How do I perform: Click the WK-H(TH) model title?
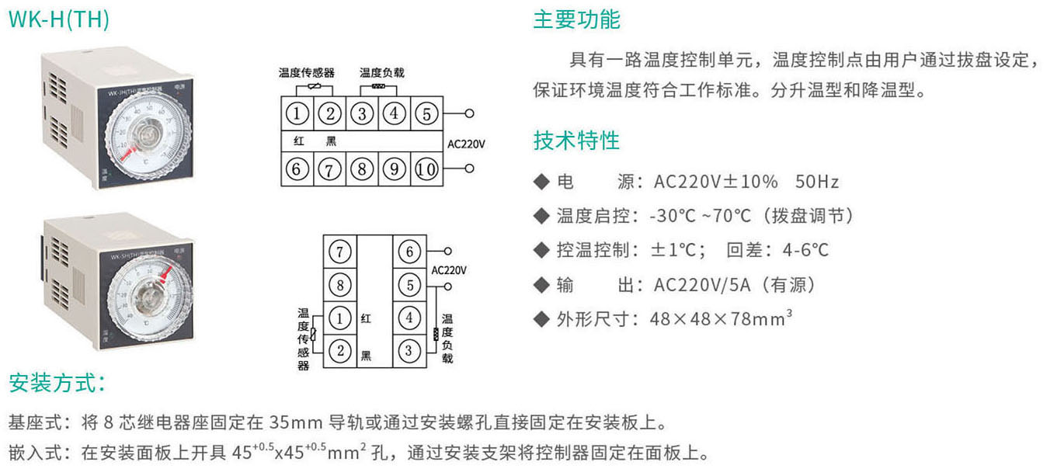(x=58, y=20)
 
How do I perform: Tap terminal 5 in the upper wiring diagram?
(x=426, y=113)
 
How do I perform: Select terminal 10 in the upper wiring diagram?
(x=426, y=168)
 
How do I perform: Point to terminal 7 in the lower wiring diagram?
(x=340, y=251)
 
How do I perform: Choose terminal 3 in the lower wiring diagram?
(x=409, y=350)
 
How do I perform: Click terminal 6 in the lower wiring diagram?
(x=409, y=251)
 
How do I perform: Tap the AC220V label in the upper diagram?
(x=467, y=143)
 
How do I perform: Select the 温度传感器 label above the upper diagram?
(x=307, y=73)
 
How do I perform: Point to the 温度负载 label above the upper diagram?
(x=382, y=73)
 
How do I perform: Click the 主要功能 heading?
(x=576, y=20)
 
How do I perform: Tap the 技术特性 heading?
(x=576, y=141)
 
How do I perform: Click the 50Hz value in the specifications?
(x=817, y=182)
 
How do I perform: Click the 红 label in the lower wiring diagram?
(x=367, y=318)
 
